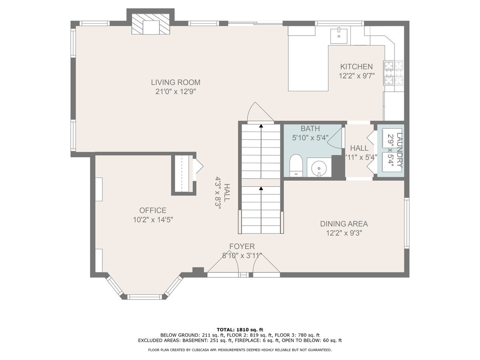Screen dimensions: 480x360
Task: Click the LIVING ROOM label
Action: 176,82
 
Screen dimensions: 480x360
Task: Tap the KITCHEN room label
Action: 356,66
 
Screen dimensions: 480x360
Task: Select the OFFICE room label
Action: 153,210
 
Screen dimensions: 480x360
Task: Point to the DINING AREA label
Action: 344,224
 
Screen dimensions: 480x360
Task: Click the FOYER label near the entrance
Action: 242,246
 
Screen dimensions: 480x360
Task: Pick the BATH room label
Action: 310,128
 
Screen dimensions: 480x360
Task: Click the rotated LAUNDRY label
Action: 399,150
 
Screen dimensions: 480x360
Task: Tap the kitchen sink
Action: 339,36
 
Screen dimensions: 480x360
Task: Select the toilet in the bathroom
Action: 296,166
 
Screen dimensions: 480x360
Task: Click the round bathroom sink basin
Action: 319,168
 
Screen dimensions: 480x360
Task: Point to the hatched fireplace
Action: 151,24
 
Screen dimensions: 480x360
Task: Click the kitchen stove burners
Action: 394,73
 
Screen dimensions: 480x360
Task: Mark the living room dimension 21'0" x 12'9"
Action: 175,92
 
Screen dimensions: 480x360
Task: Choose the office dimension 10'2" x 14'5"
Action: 153,220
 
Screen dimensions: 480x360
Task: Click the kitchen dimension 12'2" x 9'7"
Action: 357,76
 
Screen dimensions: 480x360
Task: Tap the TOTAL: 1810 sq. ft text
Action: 240,330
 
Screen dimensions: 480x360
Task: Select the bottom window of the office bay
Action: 144,297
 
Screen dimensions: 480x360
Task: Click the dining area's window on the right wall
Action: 406,223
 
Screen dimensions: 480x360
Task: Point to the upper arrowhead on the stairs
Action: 261,126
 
